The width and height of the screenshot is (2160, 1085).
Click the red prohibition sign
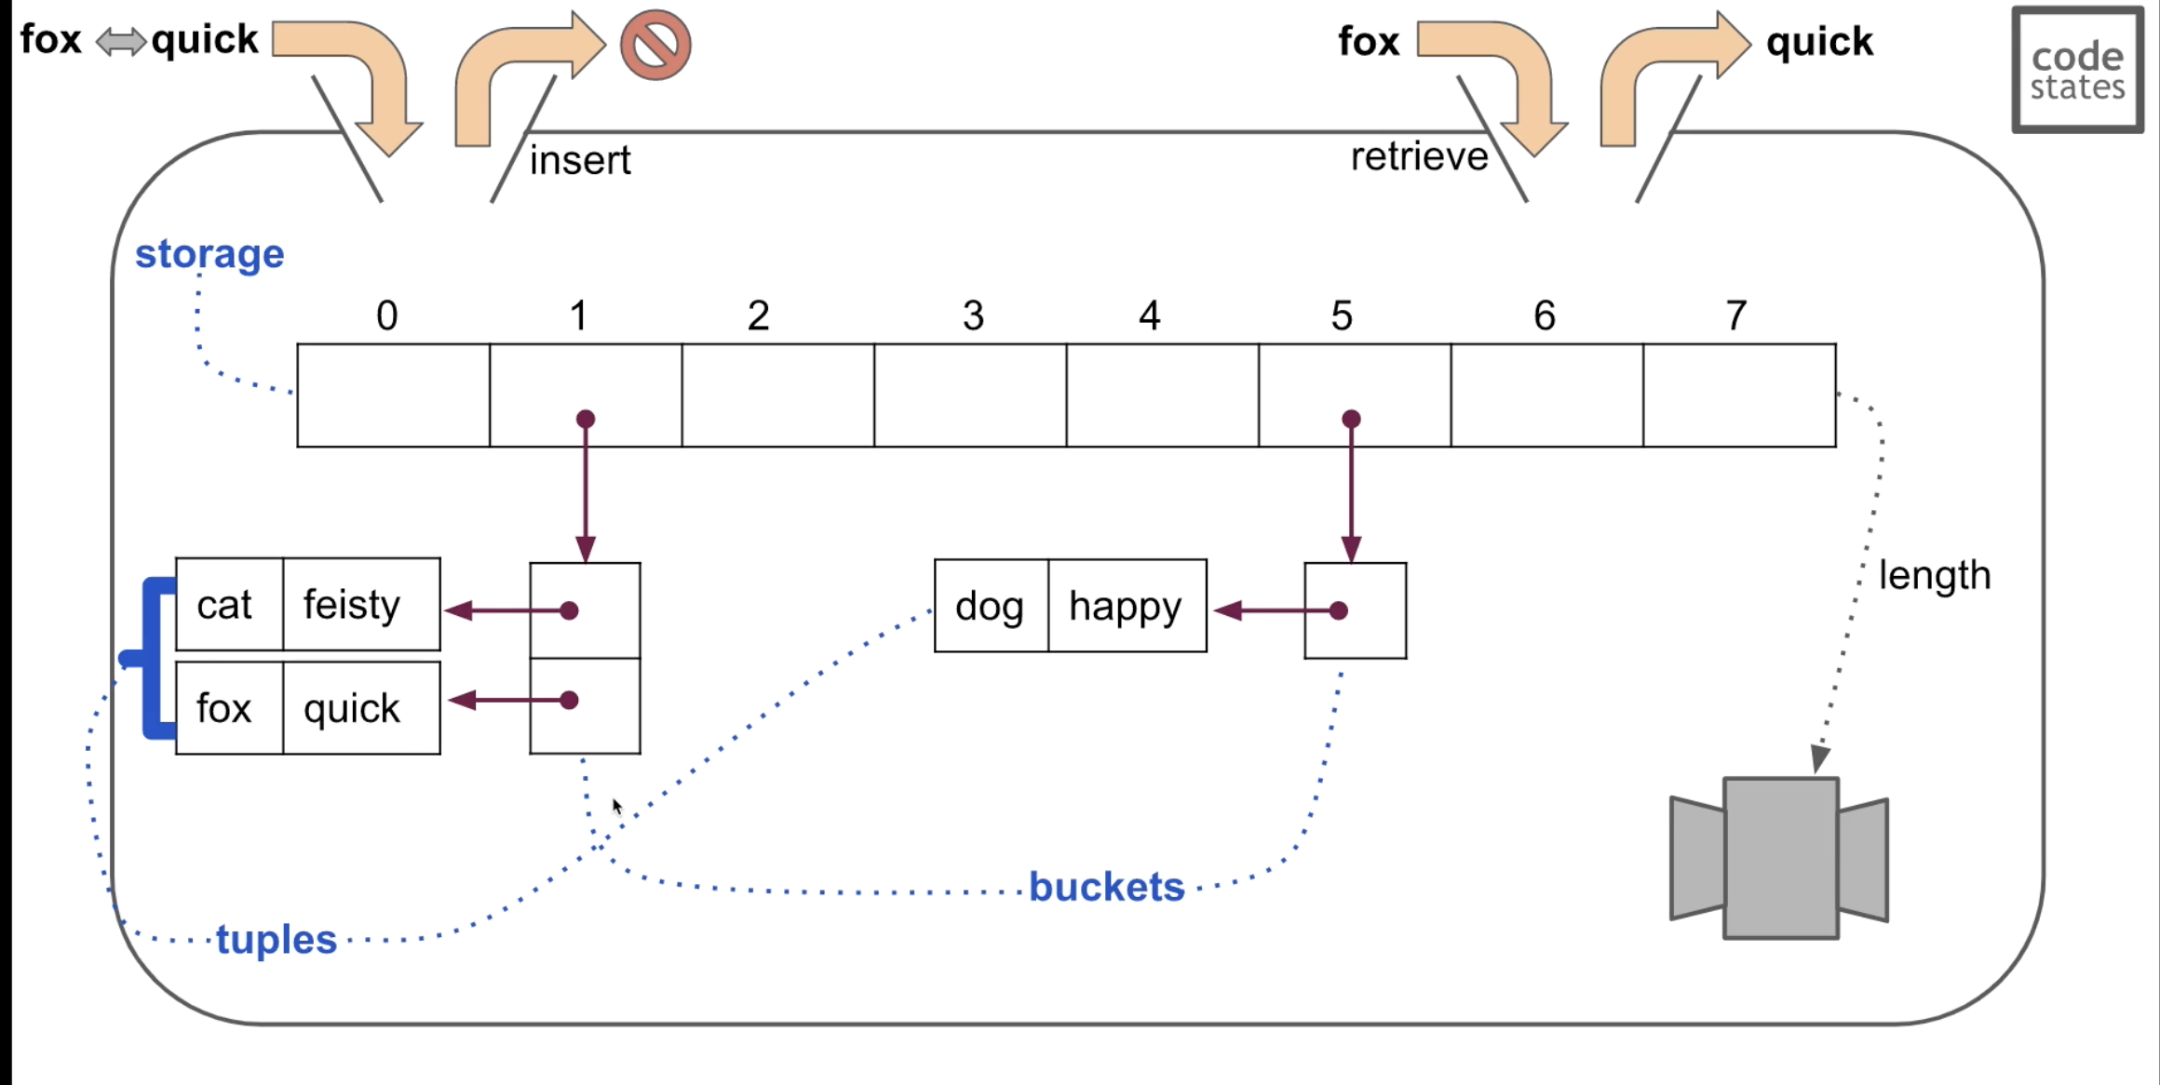click(x=655, y=45)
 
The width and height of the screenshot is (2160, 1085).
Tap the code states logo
click(x=2077, y=70)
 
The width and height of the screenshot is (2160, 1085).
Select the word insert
click(x=580, y=160)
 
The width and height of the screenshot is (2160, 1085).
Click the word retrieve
click(x=1419, y=156)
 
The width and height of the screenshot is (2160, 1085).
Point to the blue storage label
click(x=209, y=254)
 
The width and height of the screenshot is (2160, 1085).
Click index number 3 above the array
click(x=973, y=316)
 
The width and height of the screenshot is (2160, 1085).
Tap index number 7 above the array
click(x=1735, y=316)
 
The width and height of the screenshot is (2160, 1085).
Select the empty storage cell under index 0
click(x=393, y=395)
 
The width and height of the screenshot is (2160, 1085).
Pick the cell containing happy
click(x=1127, y=606)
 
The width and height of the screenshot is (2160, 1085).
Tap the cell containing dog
click(x=991, y=606)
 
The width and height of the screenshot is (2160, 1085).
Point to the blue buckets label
click(x=1106, y=887)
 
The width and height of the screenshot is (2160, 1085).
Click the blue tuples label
click(x=277, y=940)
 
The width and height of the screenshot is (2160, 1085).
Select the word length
click(x=1934, y=575)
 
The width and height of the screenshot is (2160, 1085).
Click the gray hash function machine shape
click(x=1780, y=858)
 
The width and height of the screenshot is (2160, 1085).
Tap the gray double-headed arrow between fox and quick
click(x=121, y=42)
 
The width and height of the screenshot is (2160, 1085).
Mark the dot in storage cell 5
click(x=1351, y=419)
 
